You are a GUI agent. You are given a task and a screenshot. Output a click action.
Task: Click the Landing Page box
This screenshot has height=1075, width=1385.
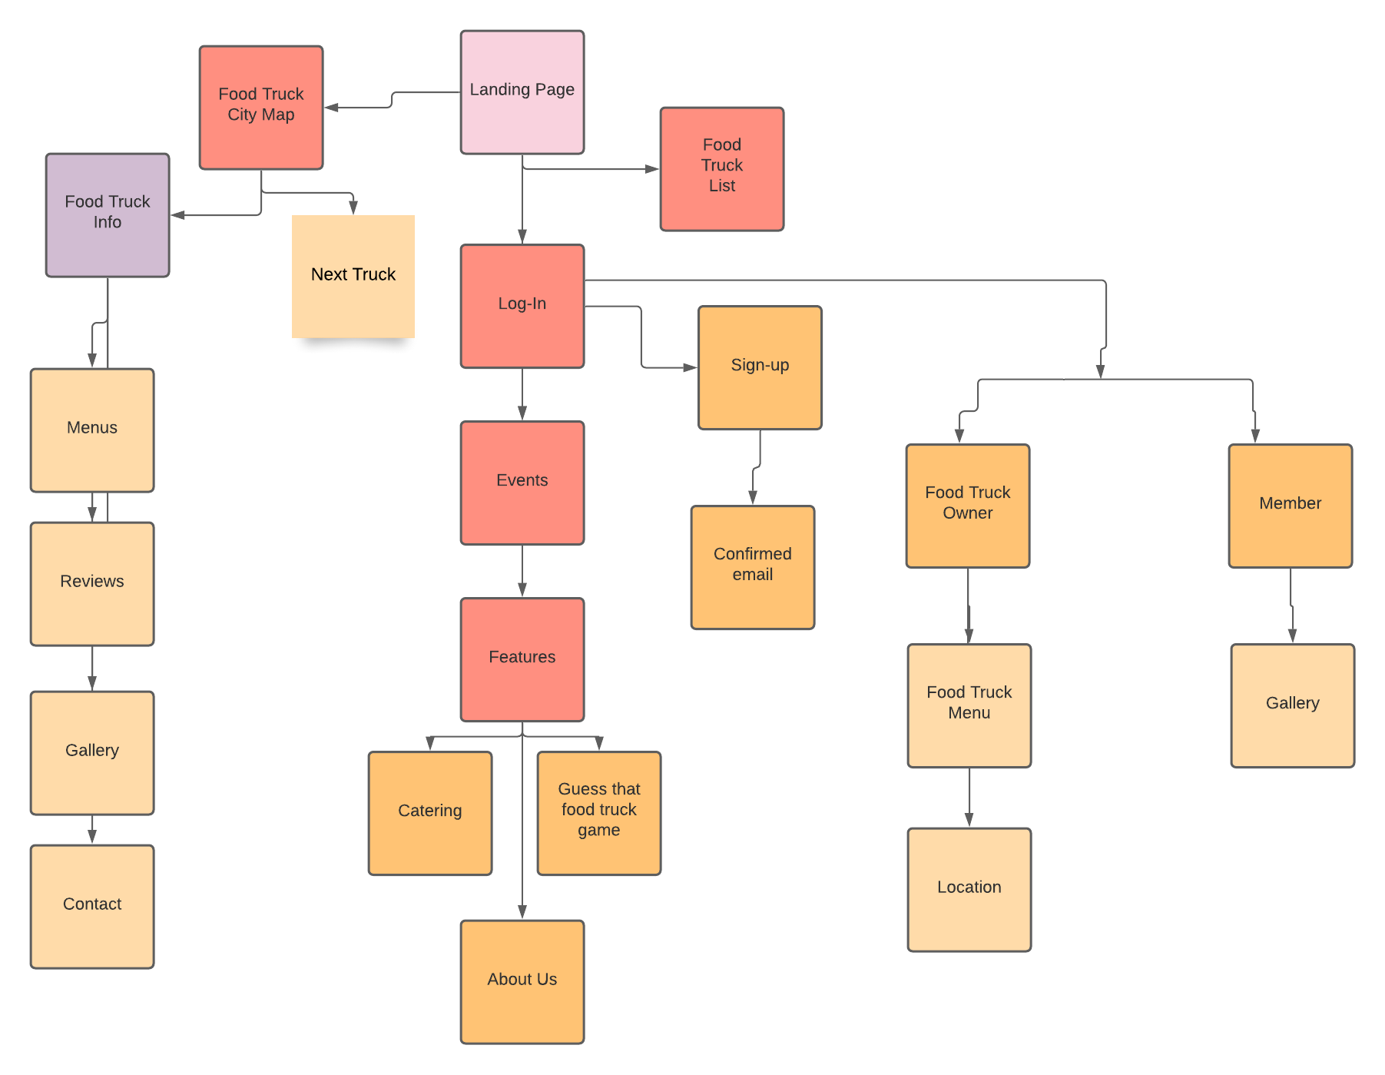522,92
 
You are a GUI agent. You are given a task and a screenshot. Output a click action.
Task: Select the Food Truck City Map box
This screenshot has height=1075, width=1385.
261,108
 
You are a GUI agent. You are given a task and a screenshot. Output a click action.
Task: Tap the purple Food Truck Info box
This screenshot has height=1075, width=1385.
108,215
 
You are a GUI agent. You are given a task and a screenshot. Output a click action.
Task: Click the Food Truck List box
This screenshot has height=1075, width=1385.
722,169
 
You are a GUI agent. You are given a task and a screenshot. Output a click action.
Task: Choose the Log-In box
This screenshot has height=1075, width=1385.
522,306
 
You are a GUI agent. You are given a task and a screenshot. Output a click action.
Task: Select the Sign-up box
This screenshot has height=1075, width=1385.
760,367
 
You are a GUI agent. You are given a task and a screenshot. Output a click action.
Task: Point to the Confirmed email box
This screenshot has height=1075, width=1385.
753,567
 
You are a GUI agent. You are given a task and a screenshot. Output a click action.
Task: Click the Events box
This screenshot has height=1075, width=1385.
522,483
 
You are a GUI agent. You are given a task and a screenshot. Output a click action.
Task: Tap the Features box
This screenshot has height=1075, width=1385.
522,659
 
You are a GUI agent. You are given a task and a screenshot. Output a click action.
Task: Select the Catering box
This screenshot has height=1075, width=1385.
430,813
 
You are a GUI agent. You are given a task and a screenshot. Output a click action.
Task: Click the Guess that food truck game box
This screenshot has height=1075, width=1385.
599,813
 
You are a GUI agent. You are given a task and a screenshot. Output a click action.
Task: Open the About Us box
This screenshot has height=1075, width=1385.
522,981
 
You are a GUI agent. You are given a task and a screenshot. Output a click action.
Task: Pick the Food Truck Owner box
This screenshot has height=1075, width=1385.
968,506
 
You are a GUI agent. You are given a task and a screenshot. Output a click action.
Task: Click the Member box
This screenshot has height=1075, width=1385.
1291,506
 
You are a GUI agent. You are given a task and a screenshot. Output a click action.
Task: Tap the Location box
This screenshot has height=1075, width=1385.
969,889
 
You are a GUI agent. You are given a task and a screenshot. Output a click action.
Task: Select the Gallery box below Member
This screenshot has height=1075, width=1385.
1293,705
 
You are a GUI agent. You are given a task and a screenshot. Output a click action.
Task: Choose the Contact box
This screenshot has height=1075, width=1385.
92,907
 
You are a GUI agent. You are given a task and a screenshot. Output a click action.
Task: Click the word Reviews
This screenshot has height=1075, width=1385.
92,581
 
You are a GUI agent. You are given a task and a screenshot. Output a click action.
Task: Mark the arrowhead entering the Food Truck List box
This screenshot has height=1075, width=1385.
652,169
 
